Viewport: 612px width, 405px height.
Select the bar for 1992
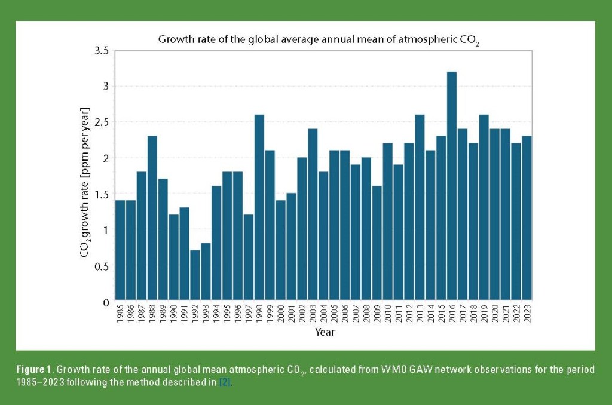(195, 274)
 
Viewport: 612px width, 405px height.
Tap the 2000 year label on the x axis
(280, 313)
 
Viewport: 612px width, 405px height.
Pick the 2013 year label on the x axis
(420, 313)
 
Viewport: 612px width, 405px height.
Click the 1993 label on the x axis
(206, 313)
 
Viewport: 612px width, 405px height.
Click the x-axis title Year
(325, 332)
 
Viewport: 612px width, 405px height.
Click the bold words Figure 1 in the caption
(35, 370)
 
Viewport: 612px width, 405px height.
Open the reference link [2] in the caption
(224, 383)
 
